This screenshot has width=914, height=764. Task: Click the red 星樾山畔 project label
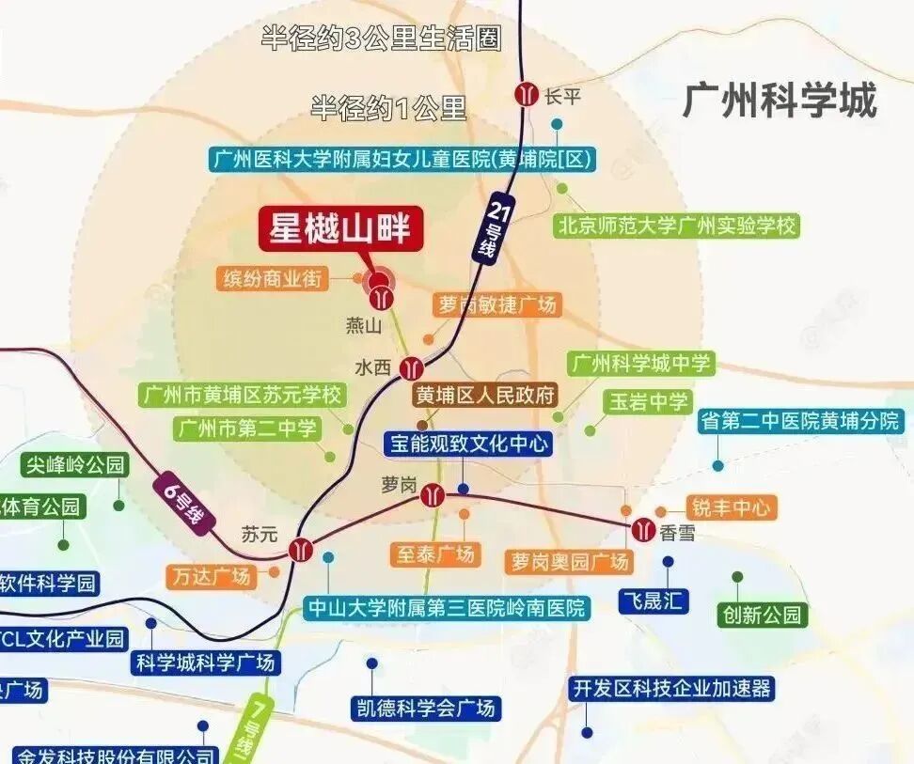(x=341, y=227)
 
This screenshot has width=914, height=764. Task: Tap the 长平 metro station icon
(x=526, y=94)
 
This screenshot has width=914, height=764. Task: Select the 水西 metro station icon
(x=411, y=367)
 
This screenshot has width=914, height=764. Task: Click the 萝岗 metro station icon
(x=433, y=494)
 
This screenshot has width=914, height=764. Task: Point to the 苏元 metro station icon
(x=302, y=548)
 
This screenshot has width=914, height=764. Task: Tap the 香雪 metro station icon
(x=643, y=529)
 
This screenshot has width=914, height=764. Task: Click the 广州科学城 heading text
(x=780, y=100)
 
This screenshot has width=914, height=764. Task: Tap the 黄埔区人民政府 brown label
(x=486, y=395)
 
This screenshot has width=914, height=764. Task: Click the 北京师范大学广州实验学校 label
(x=676, y=226)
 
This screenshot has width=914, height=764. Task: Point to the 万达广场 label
(x=213, y=575)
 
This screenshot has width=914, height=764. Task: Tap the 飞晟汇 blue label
(x=654, y=600)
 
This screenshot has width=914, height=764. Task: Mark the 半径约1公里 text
(x=388, y=108)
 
